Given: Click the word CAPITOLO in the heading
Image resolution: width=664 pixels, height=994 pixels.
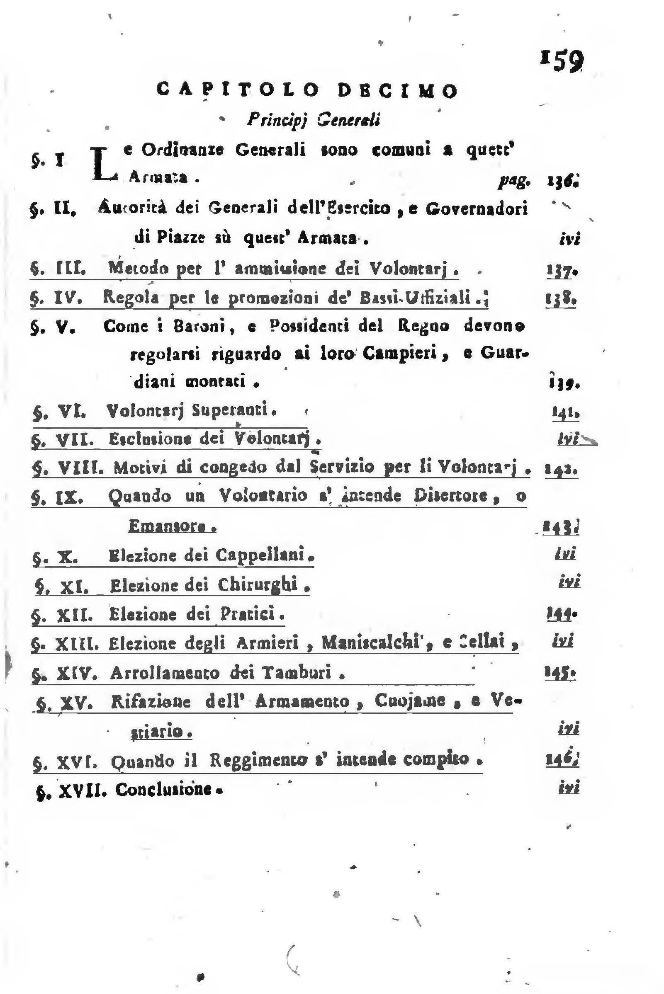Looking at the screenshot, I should point(238,90).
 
